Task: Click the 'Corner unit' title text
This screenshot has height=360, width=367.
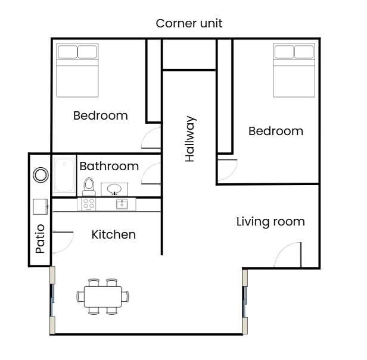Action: [189, 24]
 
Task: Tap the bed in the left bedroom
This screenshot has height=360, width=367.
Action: [77, 70]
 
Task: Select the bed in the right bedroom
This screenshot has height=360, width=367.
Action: [294, 70]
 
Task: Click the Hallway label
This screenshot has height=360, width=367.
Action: [190, 139]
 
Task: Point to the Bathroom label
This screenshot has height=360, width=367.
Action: [109, 166]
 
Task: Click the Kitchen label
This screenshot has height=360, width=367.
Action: [113, 234]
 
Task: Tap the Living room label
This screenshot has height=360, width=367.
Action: [270, 222]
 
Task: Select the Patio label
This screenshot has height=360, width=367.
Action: [40, 238]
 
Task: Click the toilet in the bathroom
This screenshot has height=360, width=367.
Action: [89, 186]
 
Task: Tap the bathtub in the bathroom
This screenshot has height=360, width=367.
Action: [64, 176]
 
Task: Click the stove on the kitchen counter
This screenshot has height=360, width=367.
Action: [88, 204]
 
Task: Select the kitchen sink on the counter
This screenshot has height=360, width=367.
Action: [122, 204]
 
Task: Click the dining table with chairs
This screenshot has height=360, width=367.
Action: [99, 296]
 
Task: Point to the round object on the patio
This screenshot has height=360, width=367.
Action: [41, 175]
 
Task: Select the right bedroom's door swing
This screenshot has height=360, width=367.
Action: [226, 170]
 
